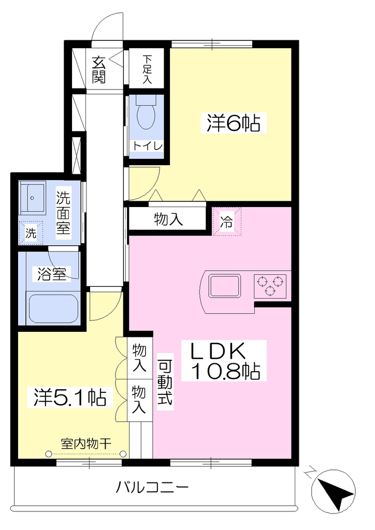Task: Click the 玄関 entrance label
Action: click(99, 70)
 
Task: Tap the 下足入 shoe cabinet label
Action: click(147, 69)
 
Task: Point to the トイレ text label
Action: click(148, 146)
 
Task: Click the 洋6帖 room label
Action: click(234, 123)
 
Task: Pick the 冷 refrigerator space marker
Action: click(227, 222)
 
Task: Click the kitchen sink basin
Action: click(225, 286)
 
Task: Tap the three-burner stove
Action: click(270, 286)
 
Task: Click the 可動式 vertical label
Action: click(165, 382)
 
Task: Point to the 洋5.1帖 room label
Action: click(70, 397)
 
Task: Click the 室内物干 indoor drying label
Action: click(86, 443)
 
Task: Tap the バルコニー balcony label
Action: click(152, 488)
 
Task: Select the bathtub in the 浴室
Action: click(54, 308)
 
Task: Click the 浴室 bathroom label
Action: click(51, 274)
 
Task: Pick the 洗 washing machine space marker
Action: click(31, 232)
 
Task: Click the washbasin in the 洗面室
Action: click(32, 198)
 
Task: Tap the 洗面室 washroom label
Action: click(63, 213)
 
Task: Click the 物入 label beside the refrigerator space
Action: click(168, 219)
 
